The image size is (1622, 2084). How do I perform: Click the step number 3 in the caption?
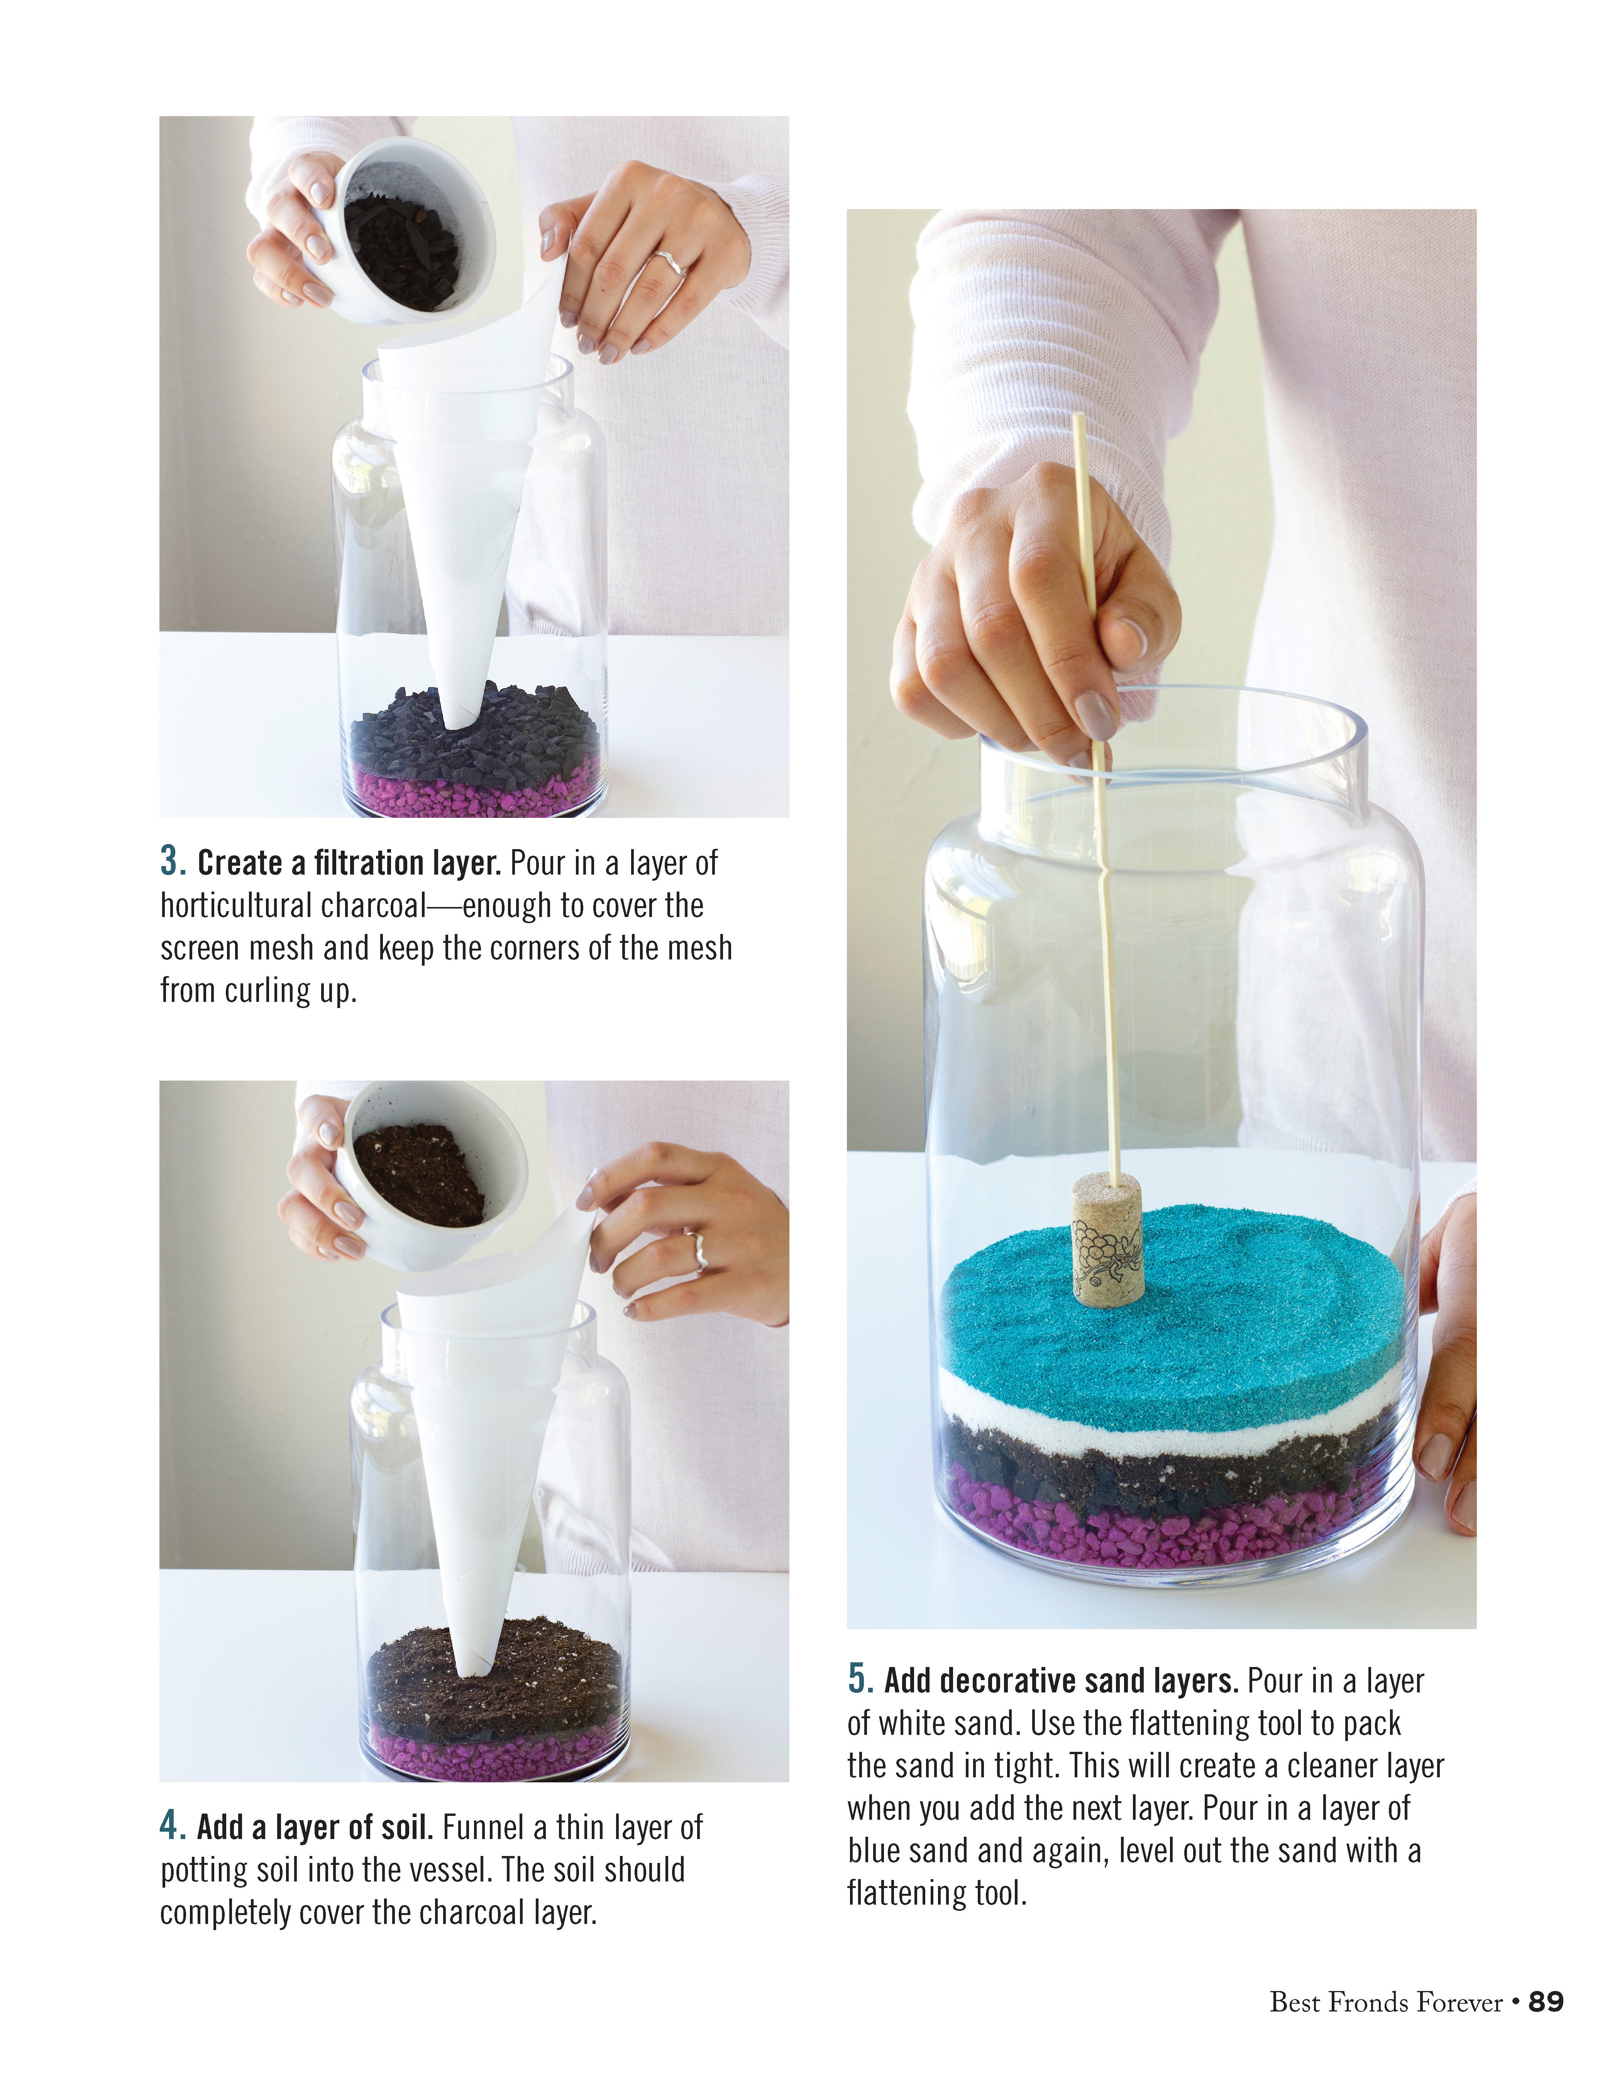173,862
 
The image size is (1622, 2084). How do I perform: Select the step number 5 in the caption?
860,1679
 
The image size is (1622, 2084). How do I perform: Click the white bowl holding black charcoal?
401,234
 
